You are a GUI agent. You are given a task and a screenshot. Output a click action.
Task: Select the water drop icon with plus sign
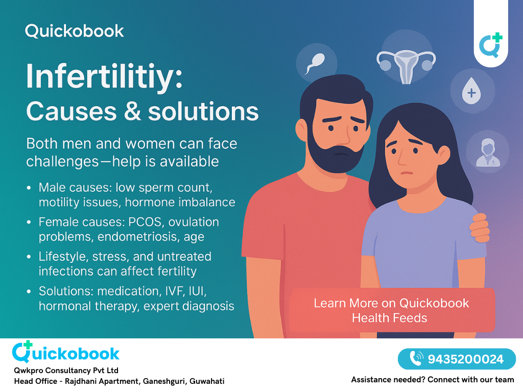[471, 92]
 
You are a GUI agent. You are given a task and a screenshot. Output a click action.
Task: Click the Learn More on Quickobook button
[391, 310]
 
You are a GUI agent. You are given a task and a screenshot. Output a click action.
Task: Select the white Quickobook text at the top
[75, 31]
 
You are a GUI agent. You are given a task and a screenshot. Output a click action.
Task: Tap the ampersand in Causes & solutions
[133, 112]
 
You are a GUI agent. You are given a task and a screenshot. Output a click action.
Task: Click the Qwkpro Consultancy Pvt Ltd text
[66, 371]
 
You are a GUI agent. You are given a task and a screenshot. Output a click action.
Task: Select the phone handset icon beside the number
[416, 359]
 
